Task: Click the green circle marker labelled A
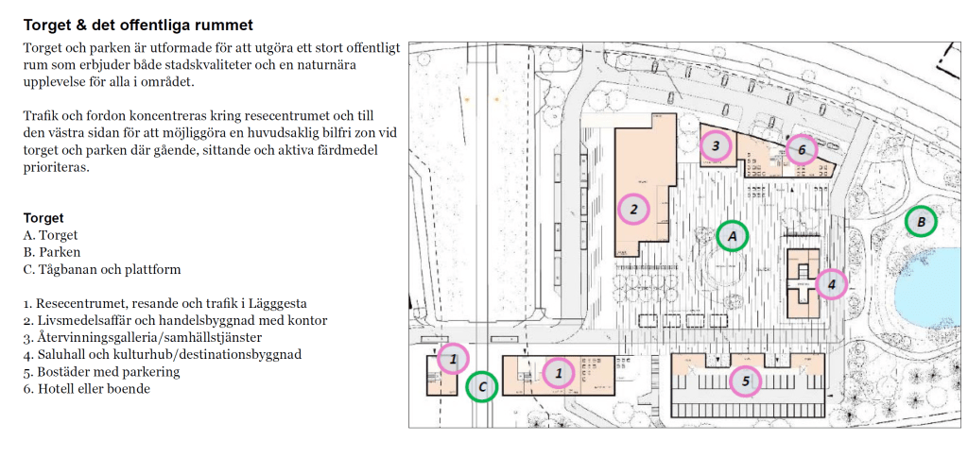(733, 236)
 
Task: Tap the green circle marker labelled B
(921, 222)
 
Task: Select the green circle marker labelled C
(482, 387)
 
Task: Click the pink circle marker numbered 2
(633, 209)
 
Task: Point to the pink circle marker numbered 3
(716, 146)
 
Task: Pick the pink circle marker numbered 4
(831, 284)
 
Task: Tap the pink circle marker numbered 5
(745, 381)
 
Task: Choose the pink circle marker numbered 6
(802, 150)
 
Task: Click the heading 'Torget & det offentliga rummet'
(138, 25)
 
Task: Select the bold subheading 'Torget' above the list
(43, 218)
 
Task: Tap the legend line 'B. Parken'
(52, 252)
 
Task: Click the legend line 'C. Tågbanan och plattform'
(102, 269)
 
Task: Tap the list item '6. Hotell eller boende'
(86, 389)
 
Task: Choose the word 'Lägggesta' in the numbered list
(278, 304)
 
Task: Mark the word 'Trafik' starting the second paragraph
(40, 116)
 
